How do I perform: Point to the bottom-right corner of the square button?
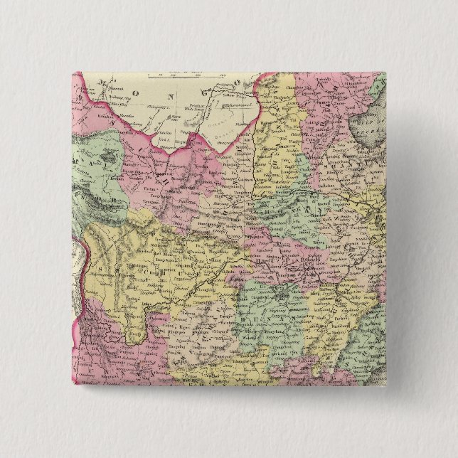[x=386, y=386]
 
